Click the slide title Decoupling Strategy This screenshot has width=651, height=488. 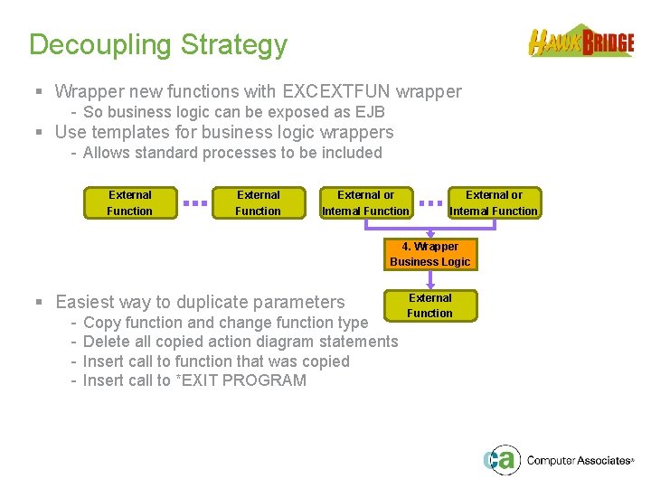point(158,44)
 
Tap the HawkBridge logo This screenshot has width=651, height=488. point(580,42)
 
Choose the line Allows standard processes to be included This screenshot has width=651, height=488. point(232,153)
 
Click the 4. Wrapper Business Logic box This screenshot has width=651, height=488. point(429,254)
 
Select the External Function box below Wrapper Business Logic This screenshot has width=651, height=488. point(429,305)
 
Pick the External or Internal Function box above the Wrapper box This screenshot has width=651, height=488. point(494,202)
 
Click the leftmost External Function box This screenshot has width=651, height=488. point(129,202)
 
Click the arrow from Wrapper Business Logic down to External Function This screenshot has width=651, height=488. point(430,280)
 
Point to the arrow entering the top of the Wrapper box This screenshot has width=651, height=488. point(430,229)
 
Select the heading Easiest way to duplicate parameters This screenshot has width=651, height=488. point(200,302)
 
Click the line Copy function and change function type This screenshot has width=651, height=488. point(225,323)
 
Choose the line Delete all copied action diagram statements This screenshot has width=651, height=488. point(240,342)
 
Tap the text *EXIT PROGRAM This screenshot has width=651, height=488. point(241,380)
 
